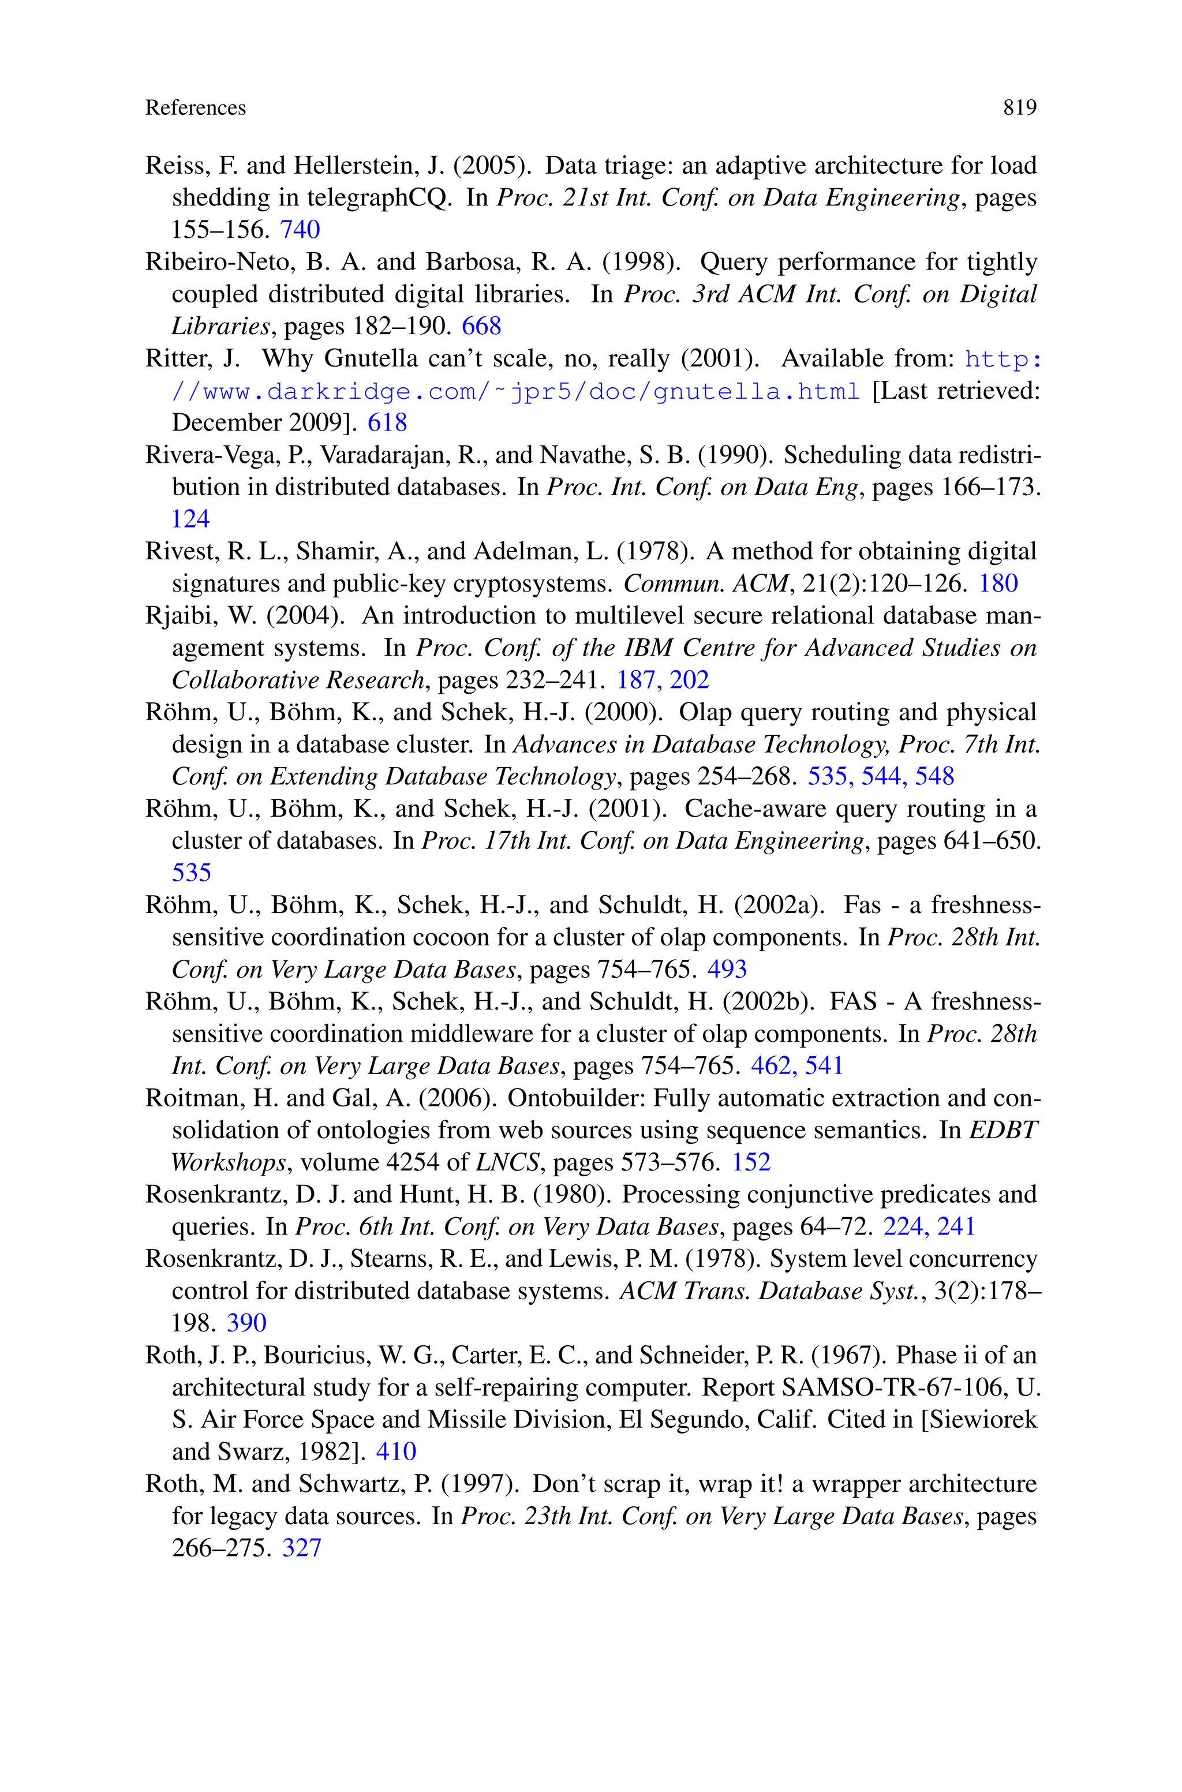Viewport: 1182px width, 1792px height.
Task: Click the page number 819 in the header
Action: pos(1019,108)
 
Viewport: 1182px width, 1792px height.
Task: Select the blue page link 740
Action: pos(300,229)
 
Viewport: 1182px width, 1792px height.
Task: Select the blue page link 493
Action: pos(727,969)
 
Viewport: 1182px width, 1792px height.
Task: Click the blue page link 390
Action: pos(246,1323)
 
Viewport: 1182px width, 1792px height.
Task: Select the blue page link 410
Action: pos(396,1451)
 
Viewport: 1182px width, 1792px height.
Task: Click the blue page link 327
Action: pos(301,1548)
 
